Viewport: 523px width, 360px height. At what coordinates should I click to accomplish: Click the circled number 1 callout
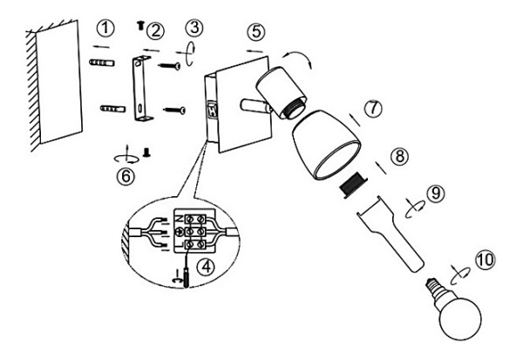click(x=106, y=29)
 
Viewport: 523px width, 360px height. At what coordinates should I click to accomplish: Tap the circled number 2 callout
click(x=155, y=31)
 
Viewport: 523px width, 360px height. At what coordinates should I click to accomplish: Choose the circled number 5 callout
click(x=255, y=31)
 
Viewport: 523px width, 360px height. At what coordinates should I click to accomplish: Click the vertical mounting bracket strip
click(x=139, y=87)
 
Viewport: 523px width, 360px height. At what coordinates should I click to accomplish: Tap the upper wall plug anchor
click(x=102, y=64)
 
